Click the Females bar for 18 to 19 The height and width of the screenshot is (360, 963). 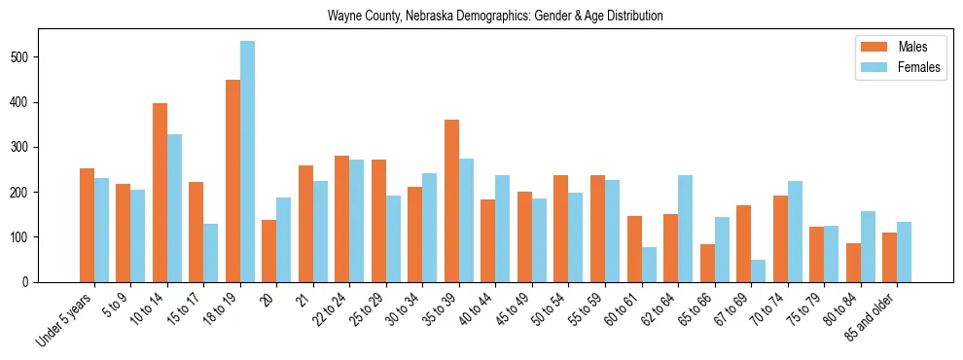point(247,162)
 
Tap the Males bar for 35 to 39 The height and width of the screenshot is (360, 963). point(451,200)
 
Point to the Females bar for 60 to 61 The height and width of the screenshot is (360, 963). point(649,265)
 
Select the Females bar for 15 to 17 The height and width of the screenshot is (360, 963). point(211,253)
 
